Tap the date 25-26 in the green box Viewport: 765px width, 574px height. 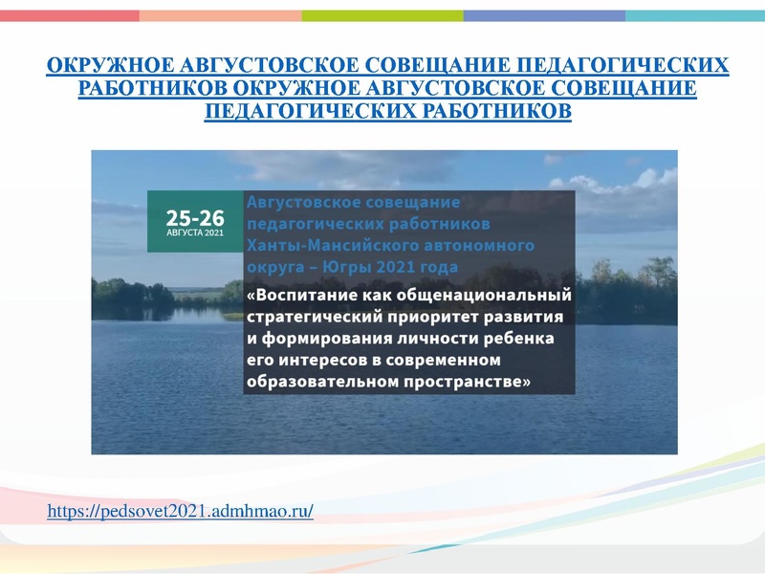[194, 214]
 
